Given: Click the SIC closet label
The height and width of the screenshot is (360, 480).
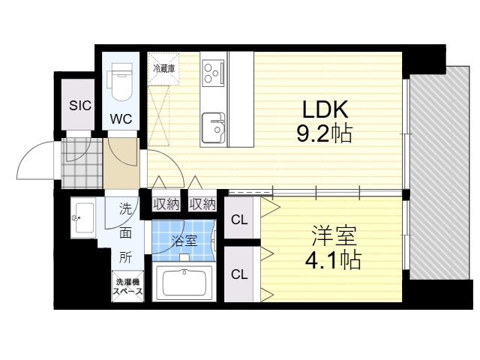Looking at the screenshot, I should click(80, 106).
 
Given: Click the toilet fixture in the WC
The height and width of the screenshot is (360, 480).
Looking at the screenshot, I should click(120, 85).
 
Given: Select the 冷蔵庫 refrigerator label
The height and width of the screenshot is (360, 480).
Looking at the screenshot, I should click(163, 68).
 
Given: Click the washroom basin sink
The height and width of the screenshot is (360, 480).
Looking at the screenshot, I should click(82, 217).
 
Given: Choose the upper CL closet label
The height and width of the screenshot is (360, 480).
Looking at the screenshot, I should click(239, 220).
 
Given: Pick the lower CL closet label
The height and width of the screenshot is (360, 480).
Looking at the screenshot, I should click(239, 274).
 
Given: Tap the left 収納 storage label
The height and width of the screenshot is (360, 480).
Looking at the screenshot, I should click(166, 204).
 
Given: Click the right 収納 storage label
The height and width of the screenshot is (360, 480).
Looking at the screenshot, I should click(202, 204).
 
